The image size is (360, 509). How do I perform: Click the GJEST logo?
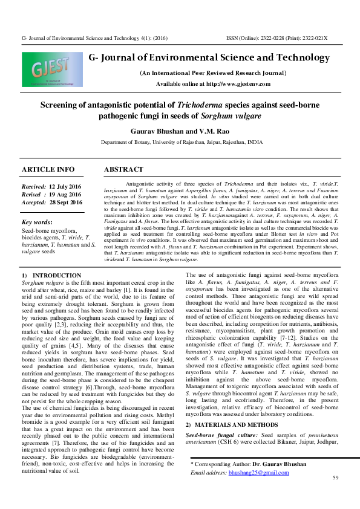tap(50, 71)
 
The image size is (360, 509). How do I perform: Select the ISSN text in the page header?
tap(276, 37)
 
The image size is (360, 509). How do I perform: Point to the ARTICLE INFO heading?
tap(48, 169)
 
